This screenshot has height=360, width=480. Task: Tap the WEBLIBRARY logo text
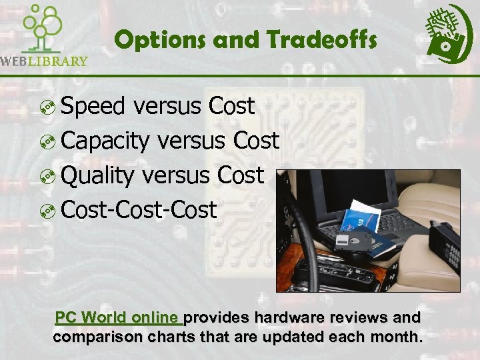(44, 61)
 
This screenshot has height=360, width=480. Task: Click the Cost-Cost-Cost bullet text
(139, 210)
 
